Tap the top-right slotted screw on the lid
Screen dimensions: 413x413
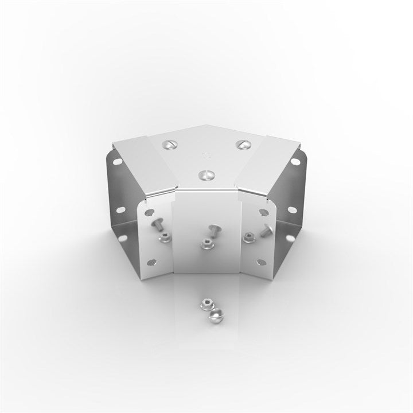click(x=243, y=144)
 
